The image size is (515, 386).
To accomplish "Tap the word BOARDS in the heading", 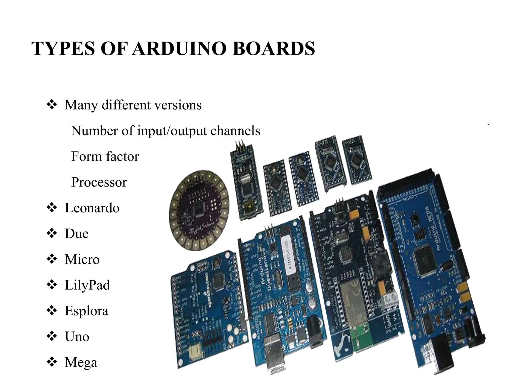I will [x=274, y=48].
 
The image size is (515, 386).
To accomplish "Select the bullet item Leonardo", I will [x=92, y=208].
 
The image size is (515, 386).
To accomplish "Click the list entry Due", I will [x=77, y=234].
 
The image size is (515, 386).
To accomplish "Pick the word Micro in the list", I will [x=82, y=259].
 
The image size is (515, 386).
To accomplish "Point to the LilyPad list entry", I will [x=87, y=285].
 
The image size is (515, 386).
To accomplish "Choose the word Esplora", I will [x=87, y=311].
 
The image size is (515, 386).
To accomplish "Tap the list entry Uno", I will [x=77, y=337].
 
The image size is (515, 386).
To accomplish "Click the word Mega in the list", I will [x=81, y=362].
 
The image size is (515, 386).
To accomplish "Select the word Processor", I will [x=99, y=182].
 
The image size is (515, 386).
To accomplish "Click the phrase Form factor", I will [x=105, y=156].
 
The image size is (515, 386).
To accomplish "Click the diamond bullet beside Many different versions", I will [x=52, y=105].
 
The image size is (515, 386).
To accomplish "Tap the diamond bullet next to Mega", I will [x=52, y=362].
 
